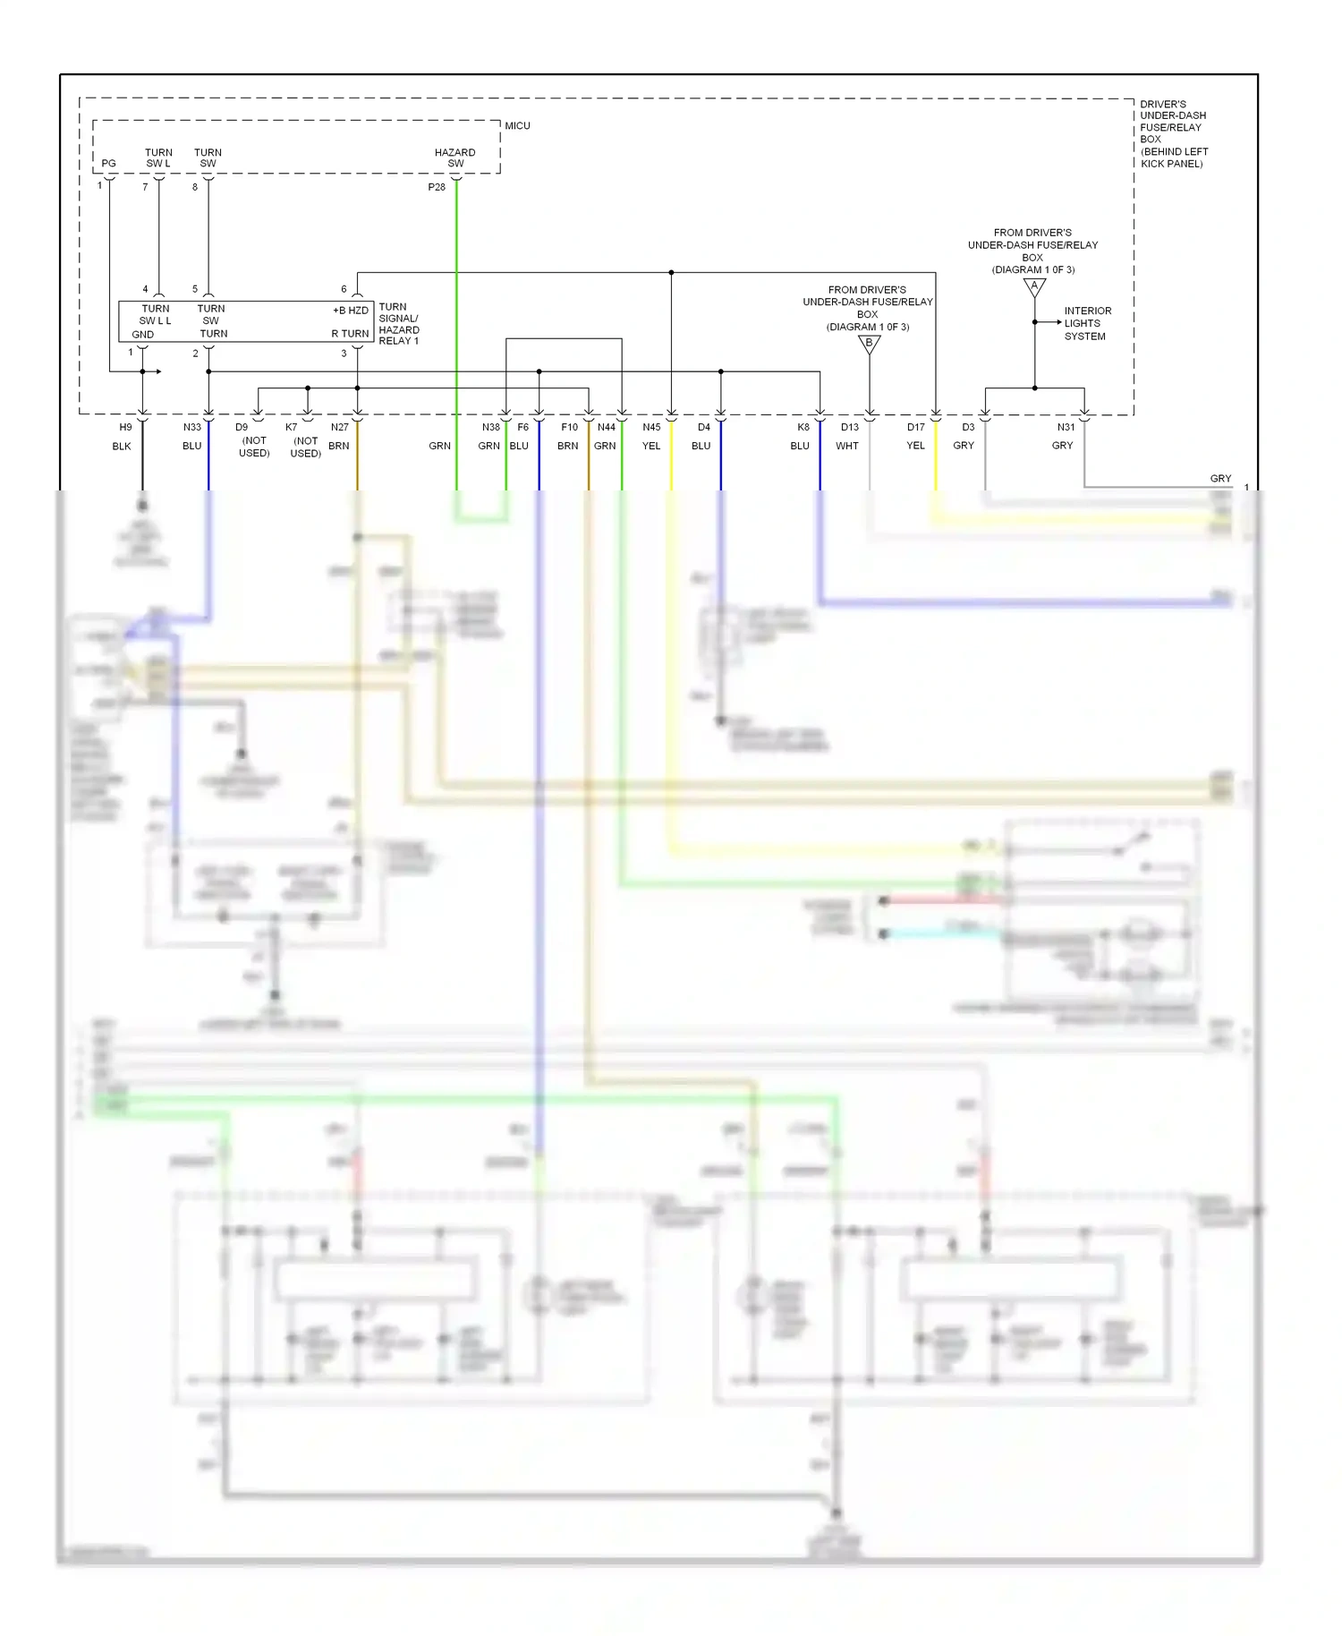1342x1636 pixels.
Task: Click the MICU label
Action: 517,126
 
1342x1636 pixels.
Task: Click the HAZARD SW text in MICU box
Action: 454,158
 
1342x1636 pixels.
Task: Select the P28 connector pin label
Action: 437,187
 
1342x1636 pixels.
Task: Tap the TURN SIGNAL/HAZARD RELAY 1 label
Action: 399,324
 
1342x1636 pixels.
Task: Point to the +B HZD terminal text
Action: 351,311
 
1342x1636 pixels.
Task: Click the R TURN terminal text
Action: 350,334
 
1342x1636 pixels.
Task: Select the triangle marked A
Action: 1034,287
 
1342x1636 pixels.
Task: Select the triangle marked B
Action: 869,344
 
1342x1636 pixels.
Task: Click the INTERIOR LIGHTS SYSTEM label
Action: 1087,324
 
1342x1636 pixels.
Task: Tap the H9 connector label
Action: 125,428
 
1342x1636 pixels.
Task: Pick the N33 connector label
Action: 192,428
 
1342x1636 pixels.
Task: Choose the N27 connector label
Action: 339,428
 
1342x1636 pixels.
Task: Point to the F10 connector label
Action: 569,428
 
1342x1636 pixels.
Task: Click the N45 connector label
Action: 651,428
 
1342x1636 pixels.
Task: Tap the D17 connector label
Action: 915,428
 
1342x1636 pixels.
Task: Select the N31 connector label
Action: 1066,428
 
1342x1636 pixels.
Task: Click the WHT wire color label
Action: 846,446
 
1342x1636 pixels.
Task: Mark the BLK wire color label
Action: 122,446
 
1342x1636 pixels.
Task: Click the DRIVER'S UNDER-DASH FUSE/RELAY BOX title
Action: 1173,133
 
